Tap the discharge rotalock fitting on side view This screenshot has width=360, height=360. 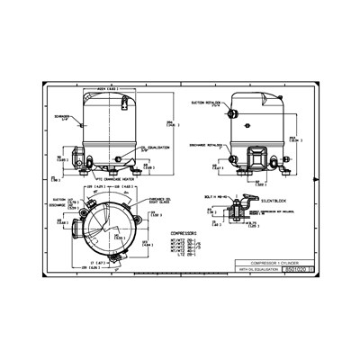[231, 141]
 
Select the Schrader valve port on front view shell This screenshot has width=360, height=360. [80, 125]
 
